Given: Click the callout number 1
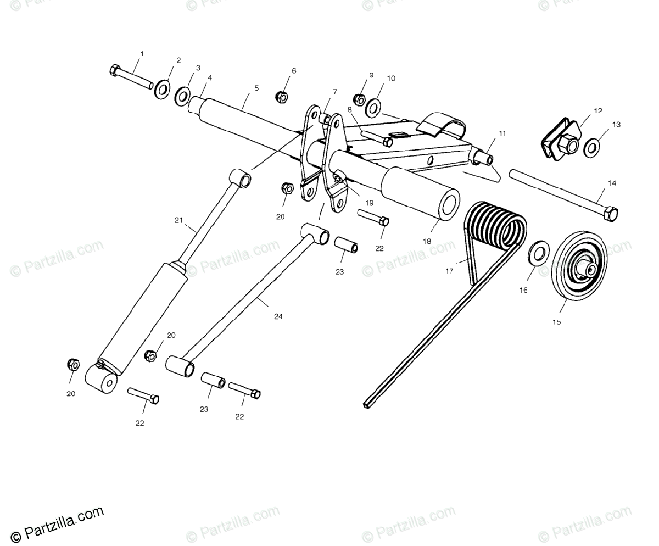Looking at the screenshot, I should coord(142,54).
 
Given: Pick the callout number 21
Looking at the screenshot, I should coord(178,220).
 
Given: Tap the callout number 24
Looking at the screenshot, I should coord(278,316).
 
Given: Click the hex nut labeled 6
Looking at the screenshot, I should coord(281,97).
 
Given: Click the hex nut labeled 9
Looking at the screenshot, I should coord(359,99).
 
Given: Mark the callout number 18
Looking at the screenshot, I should coord(427,241).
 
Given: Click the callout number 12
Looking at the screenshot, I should coord(598,110).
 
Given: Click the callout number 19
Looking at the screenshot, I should coord(369,203).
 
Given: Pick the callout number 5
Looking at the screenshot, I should coord(256,87).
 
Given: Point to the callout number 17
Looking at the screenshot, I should coord(450,271).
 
